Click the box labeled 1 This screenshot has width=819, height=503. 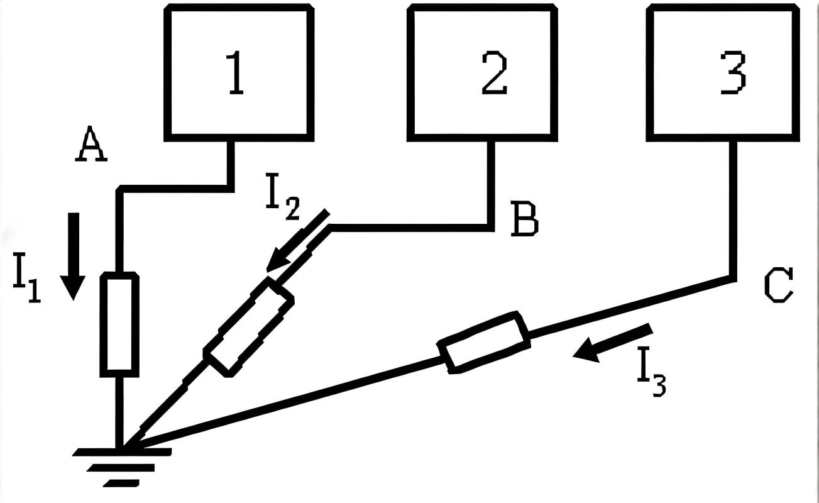(x=239, y=72)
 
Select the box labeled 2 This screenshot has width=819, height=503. (x=482, y=72)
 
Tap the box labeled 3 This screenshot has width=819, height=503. (x=723, y=72)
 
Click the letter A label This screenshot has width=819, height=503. (x=91, y=145)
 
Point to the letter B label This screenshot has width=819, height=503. (x=524, y=219)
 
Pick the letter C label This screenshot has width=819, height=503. (x=779, y=285)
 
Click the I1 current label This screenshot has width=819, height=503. (x=27, y=282)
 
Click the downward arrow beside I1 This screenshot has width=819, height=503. (x=74, y=255)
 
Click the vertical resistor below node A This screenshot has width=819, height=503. (x=119, y=324)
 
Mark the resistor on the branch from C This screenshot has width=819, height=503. (x=484, y=342)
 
